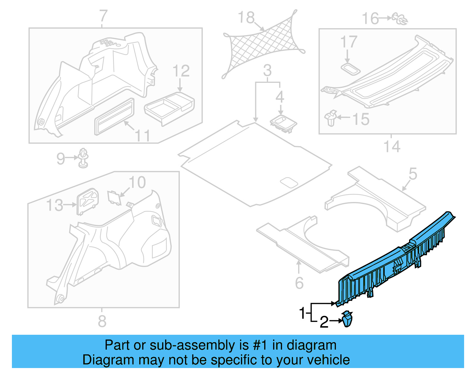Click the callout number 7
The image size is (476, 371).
point(103,16)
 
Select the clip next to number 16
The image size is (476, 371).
point(400,18)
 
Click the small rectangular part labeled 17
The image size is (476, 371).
point(350,69)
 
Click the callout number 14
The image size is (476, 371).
point(392,147)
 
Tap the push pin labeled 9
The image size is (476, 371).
point(83,158)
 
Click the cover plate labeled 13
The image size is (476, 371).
point(87,200)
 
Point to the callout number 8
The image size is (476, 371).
point(102,321)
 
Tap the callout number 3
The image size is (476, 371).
point(267,71)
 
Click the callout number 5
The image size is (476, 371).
point(413,174)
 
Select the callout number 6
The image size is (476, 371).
point(299,283)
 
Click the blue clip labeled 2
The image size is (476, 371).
point(347,320)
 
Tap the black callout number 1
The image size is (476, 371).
point(302,313)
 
